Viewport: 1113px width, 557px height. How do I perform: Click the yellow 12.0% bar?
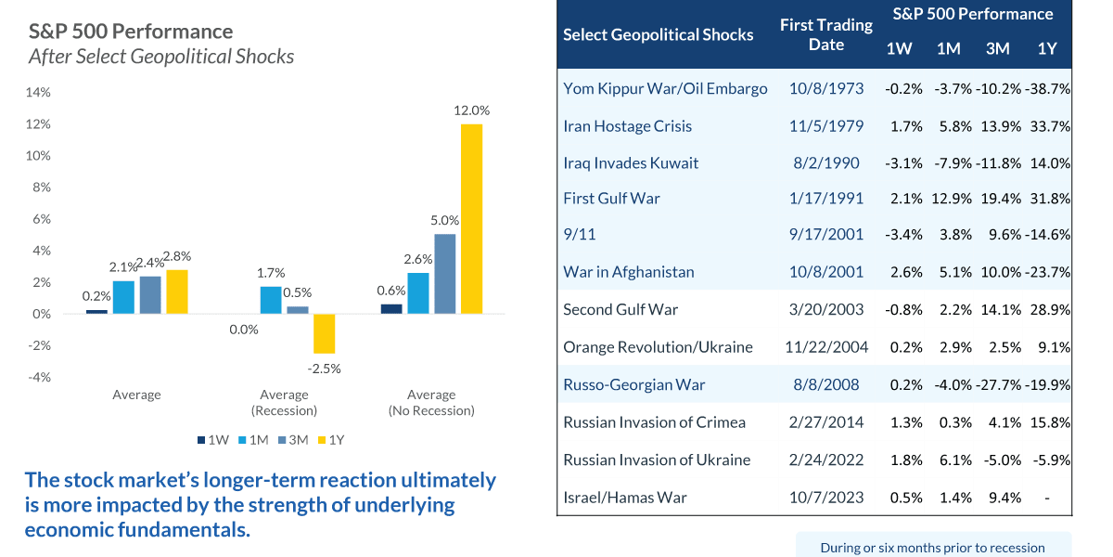point(471,218)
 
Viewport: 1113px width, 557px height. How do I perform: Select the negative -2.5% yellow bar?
point(324,333)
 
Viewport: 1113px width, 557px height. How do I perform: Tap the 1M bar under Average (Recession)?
point(271,300)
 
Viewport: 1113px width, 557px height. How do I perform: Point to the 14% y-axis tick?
point(38,92)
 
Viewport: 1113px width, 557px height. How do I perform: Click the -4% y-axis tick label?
point(39,377)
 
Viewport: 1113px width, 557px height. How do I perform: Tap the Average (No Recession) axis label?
point(431,402)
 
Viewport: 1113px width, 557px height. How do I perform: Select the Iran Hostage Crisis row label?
point(627,126)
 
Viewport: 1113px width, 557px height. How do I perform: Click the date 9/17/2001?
point(825,235)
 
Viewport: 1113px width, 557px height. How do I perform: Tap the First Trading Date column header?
point(825,35)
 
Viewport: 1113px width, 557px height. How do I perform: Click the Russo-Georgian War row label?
point(634,384)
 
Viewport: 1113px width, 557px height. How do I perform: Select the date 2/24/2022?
point(825,460)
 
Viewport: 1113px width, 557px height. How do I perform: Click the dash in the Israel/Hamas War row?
point(1046,498)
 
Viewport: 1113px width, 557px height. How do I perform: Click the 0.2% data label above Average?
point(96,296)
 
